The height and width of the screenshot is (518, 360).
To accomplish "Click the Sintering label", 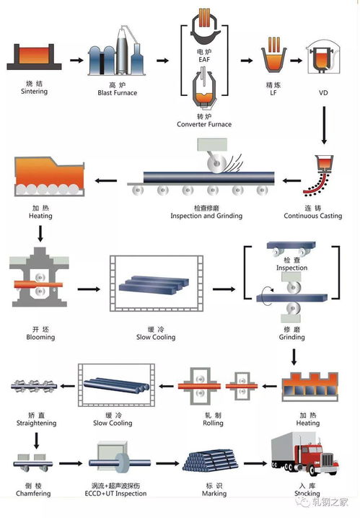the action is tap(34, 91).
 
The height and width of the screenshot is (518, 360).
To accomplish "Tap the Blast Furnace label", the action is tap(118, 93).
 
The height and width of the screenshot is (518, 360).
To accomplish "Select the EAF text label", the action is tap(204, 59).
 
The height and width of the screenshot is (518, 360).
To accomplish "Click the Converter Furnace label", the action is tap(204, 124).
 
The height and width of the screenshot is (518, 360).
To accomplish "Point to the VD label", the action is tap(323, 93).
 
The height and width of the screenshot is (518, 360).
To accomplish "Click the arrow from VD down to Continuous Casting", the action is tap(324, 126).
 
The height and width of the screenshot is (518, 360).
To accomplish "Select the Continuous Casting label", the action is tap(313, 216).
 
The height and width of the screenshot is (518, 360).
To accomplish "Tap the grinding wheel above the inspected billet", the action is tap(216, 164).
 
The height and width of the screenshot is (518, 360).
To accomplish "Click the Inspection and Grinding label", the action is tap(206, 216).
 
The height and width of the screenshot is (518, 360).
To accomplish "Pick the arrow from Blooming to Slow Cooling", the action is tap(89, 289).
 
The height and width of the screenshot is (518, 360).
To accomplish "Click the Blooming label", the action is tap(40, 337).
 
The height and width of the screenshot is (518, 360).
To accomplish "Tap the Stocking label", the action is tap(307, 493).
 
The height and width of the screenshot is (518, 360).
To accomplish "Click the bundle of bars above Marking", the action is tap(210, 460).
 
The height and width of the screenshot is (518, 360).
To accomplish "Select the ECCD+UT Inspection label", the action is tap(115, 493).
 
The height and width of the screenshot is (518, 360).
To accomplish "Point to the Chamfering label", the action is tap(33, 493).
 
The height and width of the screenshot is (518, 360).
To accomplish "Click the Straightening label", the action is tap(36, 423).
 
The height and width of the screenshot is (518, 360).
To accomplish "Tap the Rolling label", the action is tap(213, 423).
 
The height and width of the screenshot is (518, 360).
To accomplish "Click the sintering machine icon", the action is tap(34, 56).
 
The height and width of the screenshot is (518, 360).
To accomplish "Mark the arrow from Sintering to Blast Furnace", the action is tap(76, 60).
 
